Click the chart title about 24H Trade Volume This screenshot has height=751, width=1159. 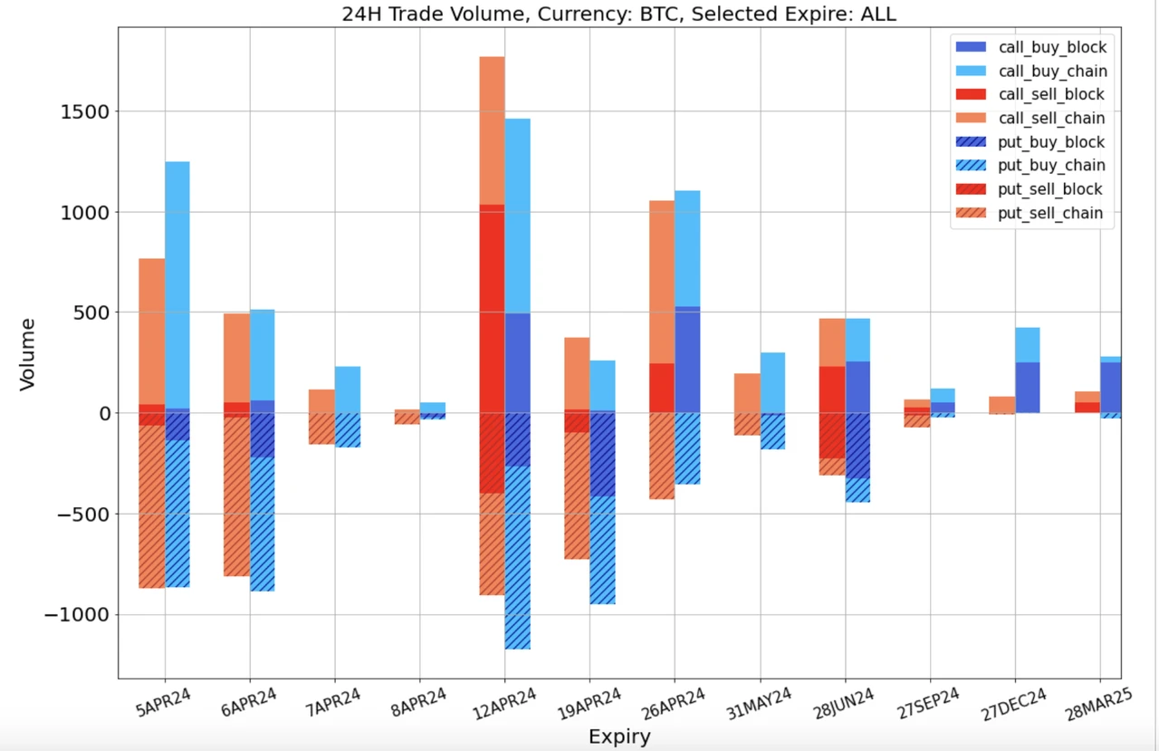(618, 14)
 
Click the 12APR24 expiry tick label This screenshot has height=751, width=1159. (504, 703)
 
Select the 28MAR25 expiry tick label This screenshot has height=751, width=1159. (1100, 703)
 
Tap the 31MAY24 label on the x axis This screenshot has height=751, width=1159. (760, 703)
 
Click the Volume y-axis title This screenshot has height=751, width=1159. (27, 353)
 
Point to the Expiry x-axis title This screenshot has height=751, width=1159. (619, 737)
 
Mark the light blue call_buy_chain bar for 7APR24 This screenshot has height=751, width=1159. (348, 390)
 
